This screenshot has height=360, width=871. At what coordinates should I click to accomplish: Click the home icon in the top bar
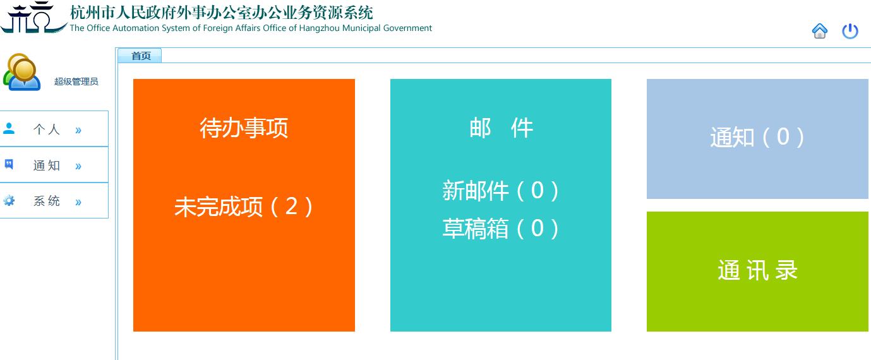[820, 31]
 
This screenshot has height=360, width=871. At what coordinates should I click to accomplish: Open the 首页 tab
[140, 56]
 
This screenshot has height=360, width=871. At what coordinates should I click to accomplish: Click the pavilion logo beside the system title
[34, 18]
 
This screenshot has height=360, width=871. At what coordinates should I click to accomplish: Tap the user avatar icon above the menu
[21, 72]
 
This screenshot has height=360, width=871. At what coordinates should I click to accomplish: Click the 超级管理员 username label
[76, 81]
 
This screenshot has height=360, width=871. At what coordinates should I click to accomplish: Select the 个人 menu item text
[47, 129]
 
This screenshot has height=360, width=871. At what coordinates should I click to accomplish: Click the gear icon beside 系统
[9, 201]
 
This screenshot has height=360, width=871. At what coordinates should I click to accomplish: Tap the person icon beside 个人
[9, 128]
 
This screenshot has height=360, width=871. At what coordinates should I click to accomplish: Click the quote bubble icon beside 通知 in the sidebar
[9, 164]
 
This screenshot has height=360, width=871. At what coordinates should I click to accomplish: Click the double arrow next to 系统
[78, 202]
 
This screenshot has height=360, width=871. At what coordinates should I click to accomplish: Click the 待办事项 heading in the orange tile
[244, 128]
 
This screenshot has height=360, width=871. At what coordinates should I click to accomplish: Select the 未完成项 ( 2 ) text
[244, 207]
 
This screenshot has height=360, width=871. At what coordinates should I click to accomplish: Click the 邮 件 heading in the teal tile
[501, 128]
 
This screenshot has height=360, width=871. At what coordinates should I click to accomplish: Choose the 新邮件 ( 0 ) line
[501, 191]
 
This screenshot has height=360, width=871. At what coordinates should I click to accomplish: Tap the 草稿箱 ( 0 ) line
[501, 228]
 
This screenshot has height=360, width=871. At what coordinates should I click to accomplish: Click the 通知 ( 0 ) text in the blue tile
[757, 137]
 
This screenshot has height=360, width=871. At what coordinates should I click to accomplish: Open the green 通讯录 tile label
[757, 270]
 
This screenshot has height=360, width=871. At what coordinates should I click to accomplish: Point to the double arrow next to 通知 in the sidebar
[78, 166]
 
